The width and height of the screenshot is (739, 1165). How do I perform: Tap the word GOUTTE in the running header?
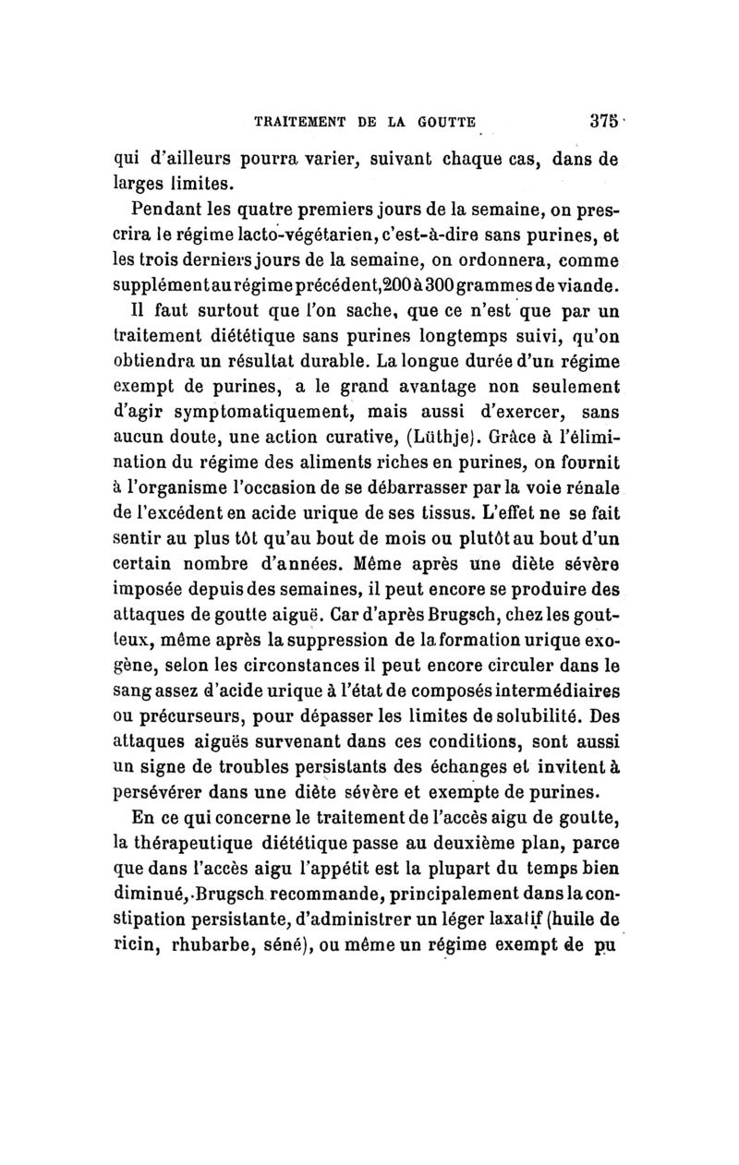441,121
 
